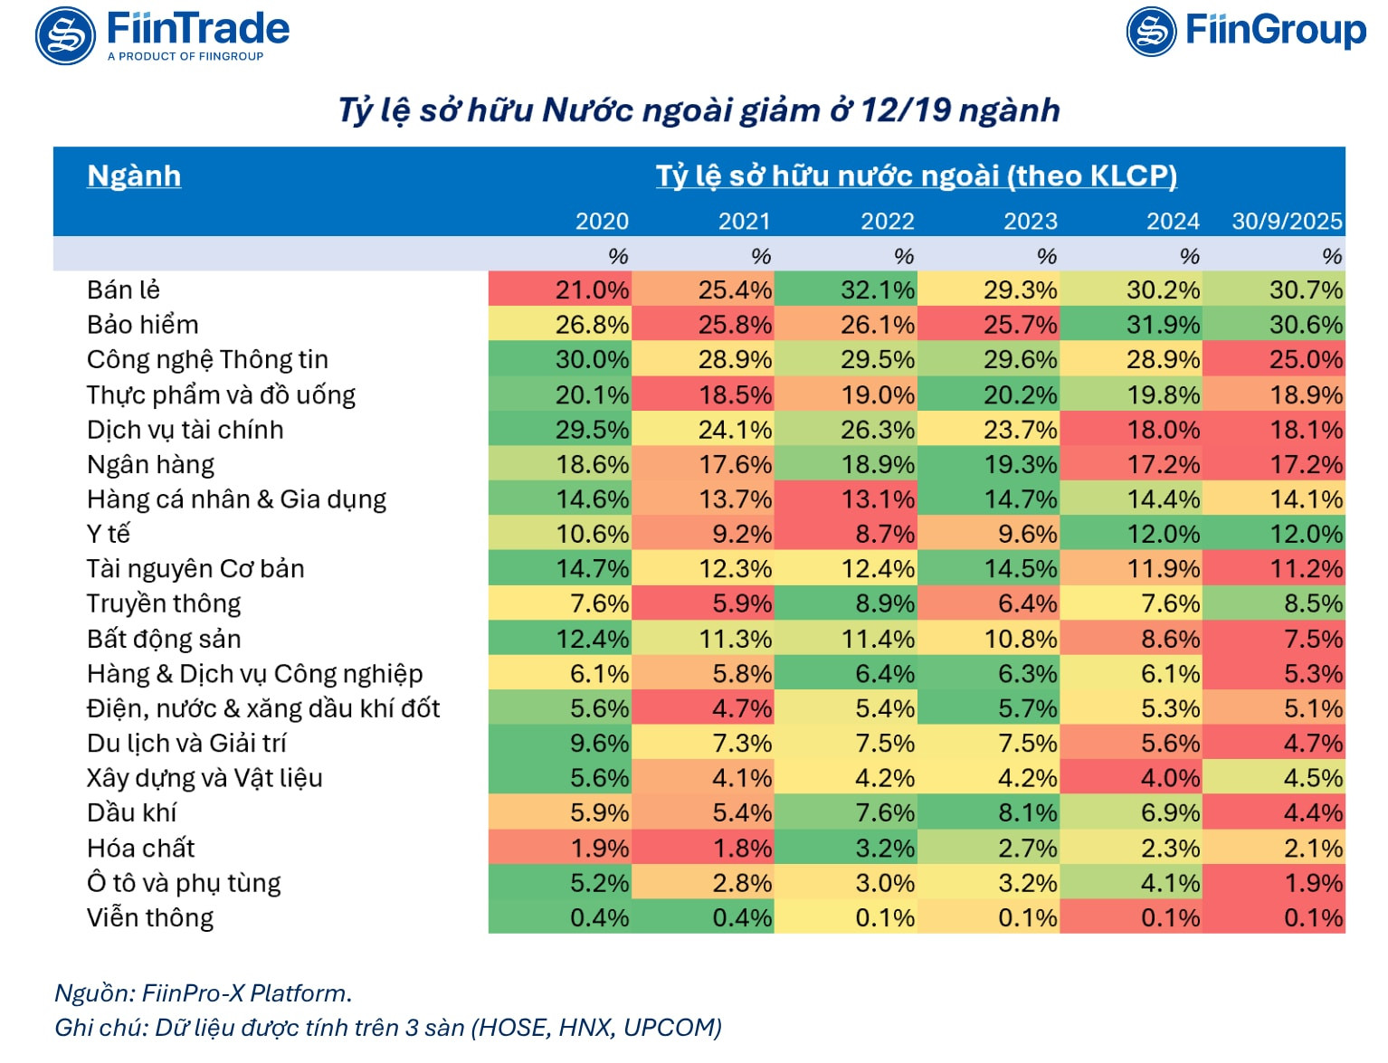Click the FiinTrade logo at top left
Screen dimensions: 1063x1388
click(163, 35)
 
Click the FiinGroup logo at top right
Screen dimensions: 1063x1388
click(1246, 32)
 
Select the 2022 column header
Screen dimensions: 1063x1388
click(887, 222)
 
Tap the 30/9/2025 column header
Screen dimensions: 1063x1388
click(1287, 222)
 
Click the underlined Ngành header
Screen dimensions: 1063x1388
click(134, 176)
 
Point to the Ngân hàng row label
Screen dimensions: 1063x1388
click(150, 465)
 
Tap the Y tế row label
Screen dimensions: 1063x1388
click(108, 535)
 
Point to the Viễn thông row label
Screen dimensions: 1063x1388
click(150, 918)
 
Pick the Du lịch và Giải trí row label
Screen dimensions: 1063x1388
click(186, 744)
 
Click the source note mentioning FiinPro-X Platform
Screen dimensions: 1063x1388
click(204, 993)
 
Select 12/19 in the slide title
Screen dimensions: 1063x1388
click(906, 110)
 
